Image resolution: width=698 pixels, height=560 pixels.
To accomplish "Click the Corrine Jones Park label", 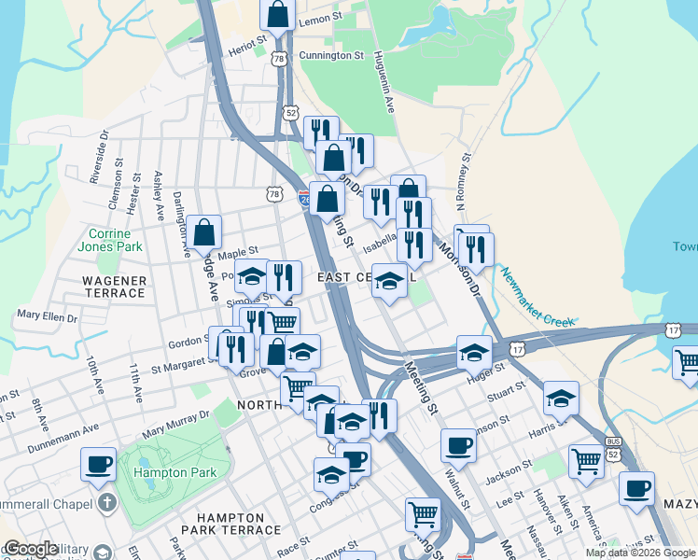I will point(116,240).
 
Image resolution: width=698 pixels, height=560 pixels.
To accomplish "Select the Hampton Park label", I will point(175,473).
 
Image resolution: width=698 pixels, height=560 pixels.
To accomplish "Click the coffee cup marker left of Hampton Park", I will point(98,464).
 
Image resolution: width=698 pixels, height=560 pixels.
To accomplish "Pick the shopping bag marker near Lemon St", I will point(277,15).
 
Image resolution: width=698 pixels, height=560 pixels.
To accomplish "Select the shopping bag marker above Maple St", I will point(203,231).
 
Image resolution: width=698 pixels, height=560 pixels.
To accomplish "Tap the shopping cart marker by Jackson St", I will point(586,460).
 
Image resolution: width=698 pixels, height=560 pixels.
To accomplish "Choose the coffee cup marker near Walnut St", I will point(458,445).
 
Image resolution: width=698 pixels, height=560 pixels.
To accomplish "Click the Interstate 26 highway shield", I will point(305,199).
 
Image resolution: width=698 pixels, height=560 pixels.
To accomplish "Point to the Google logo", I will point(32,550).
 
